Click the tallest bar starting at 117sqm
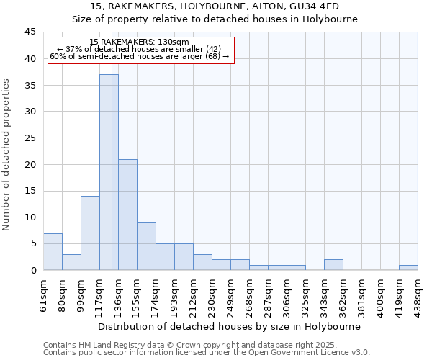point(109,172)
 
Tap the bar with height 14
point(90,233)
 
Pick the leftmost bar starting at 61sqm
point(53,251)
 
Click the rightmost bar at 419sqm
point(408,267)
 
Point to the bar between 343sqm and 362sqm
point(333,264)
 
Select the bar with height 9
point(146,246)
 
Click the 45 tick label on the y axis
point(30,32)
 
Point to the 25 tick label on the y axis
point(30,138)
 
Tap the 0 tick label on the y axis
point(33,270)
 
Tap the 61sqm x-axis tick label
point(44,294)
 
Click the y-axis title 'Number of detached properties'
point(7,155)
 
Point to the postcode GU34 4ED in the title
point(314,6)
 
